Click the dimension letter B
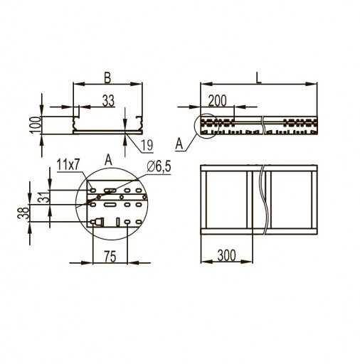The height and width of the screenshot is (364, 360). [x=107, y=78]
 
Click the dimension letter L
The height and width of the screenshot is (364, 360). [x=258, y=78]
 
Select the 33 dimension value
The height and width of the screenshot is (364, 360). [x=108, y=101]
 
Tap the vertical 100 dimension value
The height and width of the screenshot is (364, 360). [x=36, y=125]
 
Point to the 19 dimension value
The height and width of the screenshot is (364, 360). [x=147, y=145]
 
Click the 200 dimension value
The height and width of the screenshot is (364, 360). [x=217, y=101]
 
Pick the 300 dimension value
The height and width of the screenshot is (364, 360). [x=227, y=255]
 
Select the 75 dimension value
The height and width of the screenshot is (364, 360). [x=110, y=257]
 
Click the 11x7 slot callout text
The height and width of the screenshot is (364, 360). [x=68, y=164]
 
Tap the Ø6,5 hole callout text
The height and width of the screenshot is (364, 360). [x=159, y=167]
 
